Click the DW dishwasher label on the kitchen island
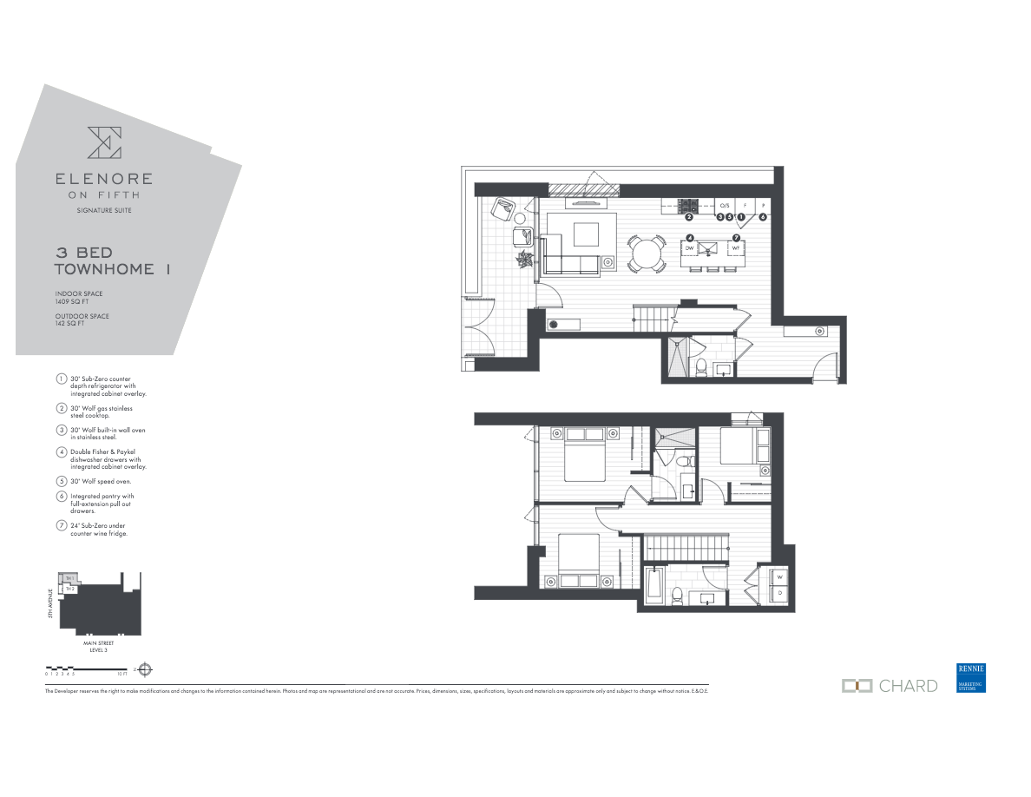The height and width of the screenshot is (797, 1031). [690, 248]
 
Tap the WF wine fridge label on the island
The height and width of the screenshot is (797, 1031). [735, 248]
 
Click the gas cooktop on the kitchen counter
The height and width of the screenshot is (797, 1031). [689, 206]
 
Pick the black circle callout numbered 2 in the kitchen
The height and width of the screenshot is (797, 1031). [688, 217]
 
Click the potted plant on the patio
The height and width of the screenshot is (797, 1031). [525, 258]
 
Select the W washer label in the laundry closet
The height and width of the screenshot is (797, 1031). [779, 577]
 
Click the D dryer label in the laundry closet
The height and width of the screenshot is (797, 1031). [779, 594]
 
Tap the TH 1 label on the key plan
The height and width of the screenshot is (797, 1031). [69, 578]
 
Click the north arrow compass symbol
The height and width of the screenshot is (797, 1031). [146, 669]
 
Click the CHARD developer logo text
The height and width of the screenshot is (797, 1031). [908, 686]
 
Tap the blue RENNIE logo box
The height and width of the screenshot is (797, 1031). [971, 678]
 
